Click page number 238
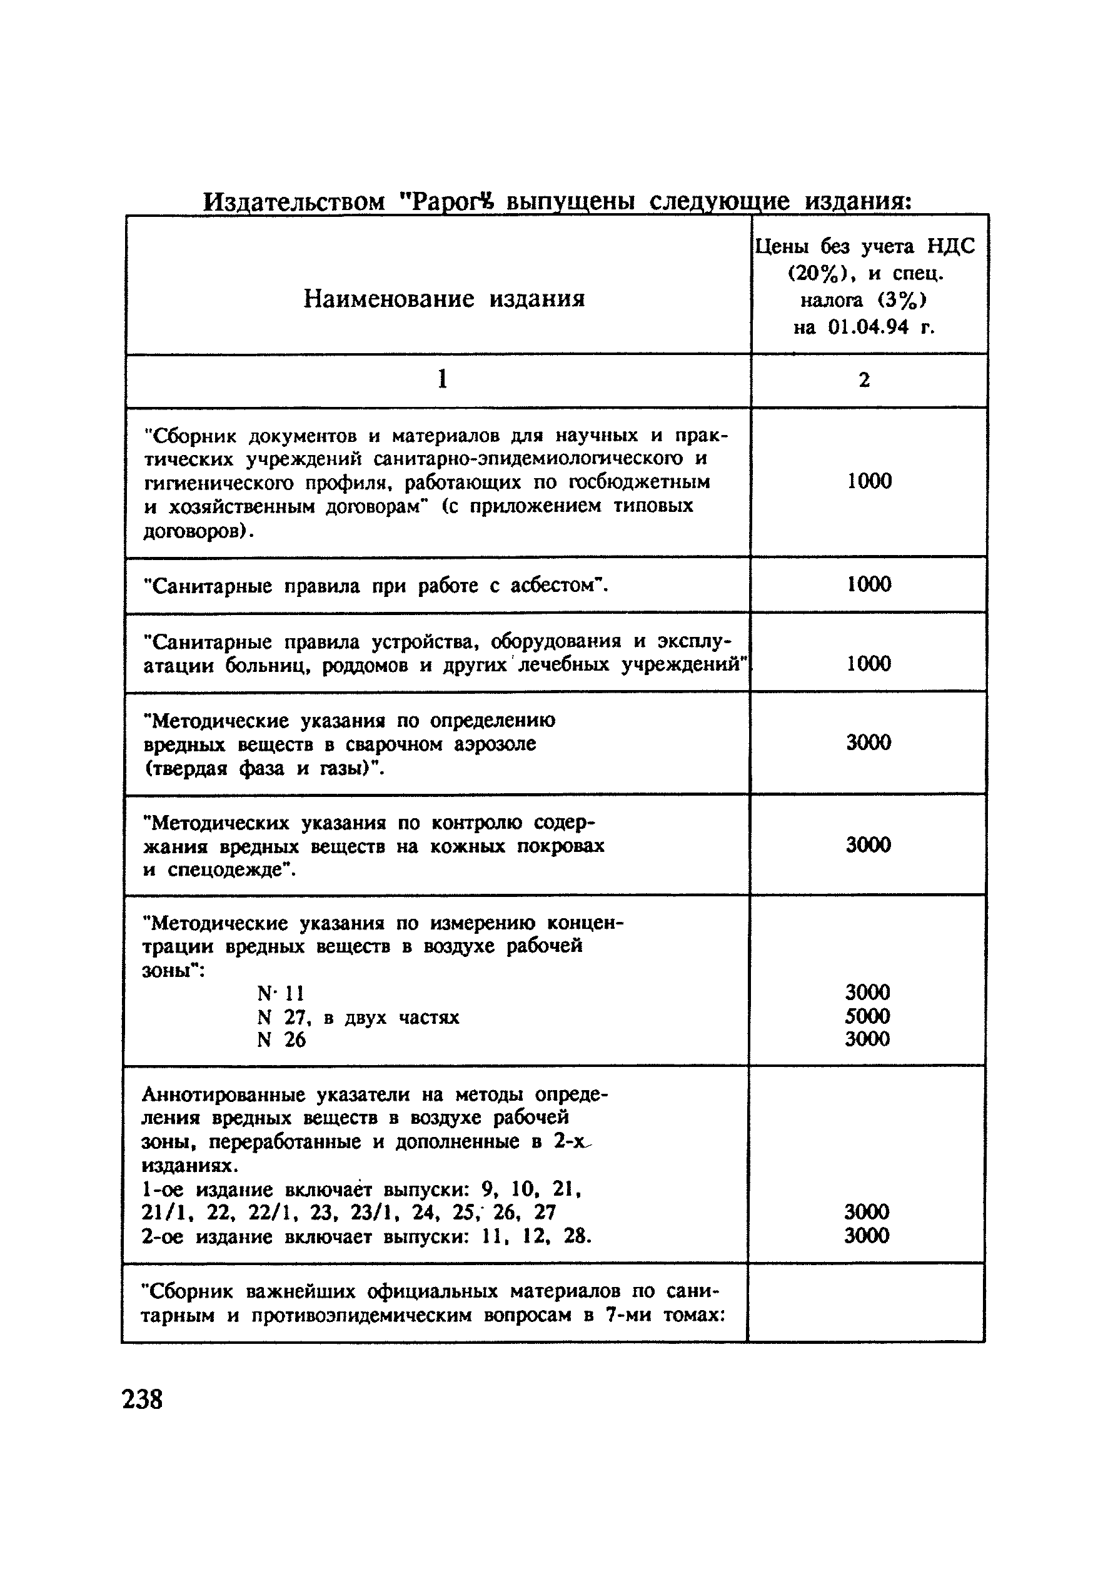pyautogui.click(x=143, y=1399)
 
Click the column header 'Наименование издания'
pyautogui.click(x=444, y=299)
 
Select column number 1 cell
pyautogui.click(x=442, y=379)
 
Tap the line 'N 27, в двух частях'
pyautogui.click(x=358, y=1017)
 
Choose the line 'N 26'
pyautogui.click(x=281, y=1039)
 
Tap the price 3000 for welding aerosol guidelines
pyautogui.click(x=869, y=743)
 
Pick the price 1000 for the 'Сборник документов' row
pyautogui.click(x=869, y=481)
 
